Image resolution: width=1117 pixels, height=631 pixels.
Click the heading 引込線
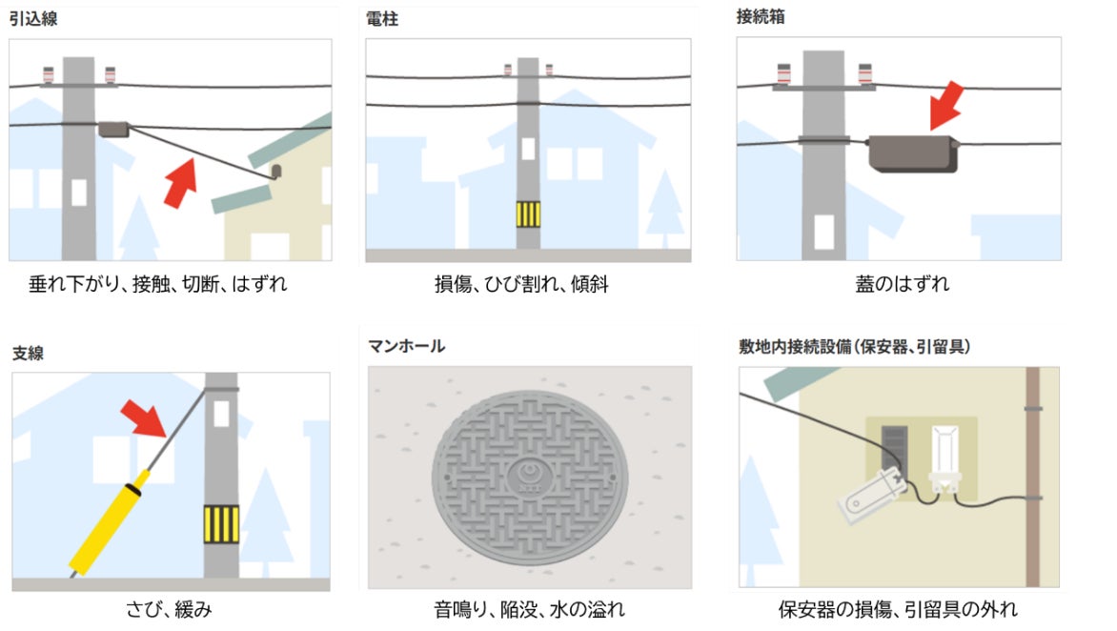click(32, 18)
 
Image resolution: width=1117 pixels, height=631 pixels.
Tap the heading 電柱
click(382, 19)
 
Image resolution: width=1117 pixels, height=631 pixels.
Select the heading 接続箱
click(761, 16)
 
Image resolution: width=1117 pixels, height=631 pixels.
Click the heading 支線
click(28, 353)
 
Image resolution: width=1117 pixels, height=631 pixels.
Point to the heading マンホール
click(406, 346)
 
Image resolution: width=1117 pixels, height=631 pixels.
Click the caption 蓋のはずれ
click(902, 284)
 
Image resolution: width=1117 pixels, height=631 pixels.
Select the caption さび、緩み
click(169, 610)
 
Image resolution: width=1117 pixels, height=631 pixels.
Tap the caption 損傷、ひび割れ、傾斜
click(521, 284)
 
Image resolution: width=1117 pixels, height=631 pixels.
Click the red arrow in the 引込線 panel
click(180, 183)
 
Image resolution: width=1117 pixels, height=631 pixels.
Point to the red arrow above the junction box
click(946, 106)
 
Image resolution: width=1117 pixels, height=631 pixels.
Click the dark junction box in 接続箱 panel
click(912, 153)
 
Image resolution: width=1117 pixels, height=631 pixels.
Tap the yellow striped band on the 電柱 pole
click(528, 214)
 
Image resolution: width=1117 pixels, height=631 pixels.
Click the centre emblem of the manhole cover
click(529, 475)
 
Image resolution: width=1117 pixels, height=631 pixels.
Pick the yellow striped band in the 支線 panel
click(221, 524)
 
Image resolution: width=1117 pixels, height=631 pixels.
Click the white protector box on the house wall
click(944, 458)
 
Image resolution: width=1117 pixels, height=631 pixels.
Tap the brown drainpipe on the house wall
click(1032, 477)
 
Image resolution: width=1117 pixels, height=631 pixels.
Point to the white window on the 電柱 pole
click(528, 149)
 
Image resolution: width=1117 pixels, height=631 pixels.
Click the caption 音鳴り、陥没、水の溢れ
click(529, 610)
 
